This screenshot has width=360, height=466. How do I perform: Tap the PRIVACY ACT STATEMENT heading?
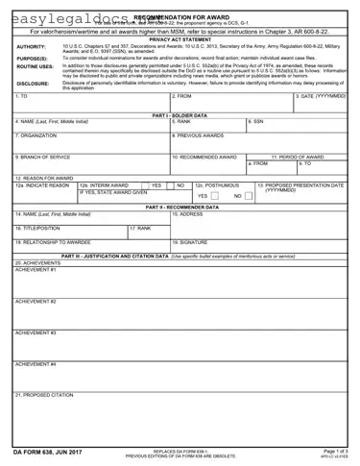179,37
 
